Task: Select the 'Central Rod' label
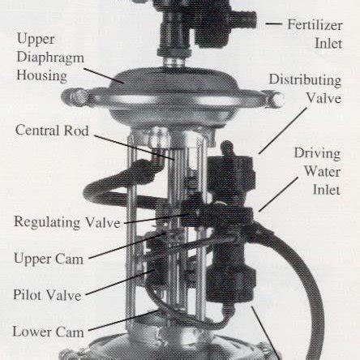click(50, 130)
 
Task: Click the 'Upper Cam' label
click(48, 259)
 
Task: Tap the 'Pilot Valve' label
click(47, 294)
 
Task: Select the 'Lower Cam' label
click(48, 331)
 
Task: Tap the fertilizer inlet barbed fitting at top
click(243, 17)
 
